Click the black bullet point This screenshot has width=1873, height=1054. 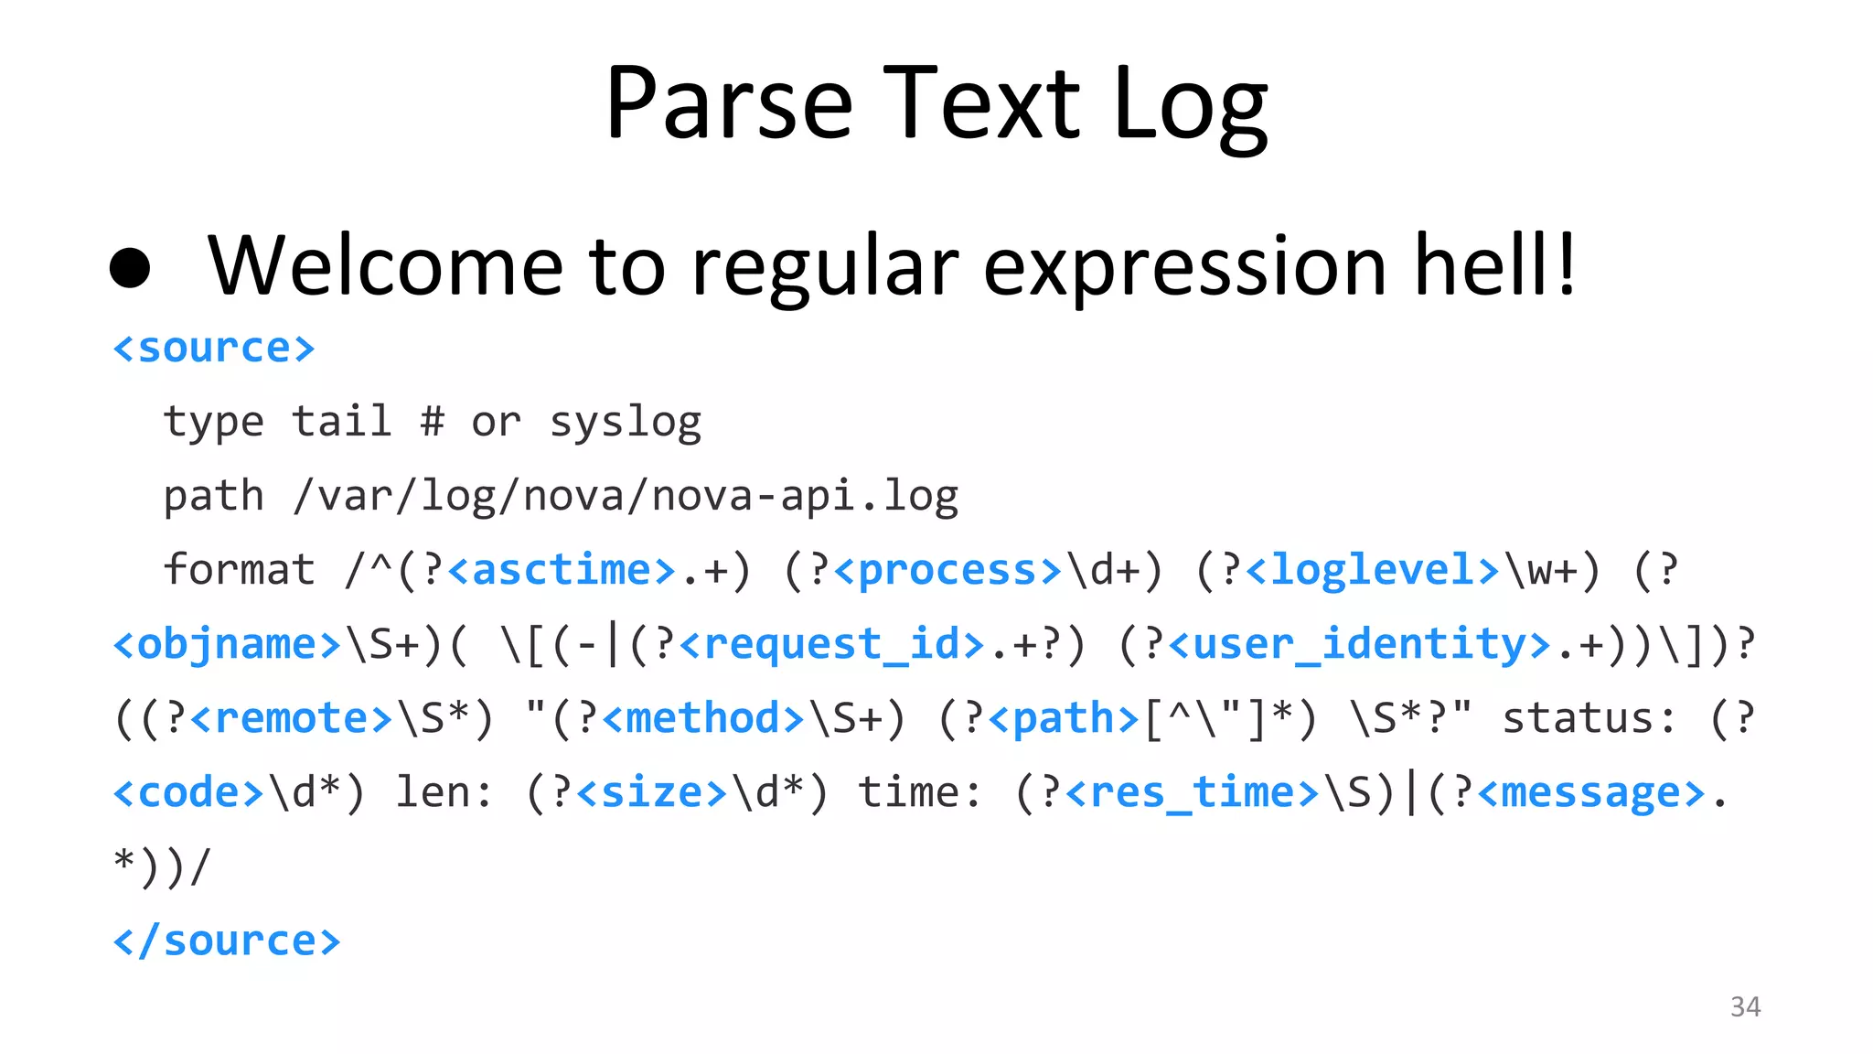130,267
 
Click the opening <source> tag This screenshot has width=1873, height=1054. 214,349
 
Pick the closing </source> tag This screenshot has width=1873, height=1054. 226,941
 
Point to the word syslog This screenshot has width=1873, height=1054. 626,423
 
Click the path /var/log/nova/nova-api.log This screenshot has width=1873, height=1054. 626,497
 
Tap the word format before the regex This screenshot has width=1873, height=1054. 239,570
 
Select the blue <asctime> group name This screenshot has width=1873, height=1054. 562,570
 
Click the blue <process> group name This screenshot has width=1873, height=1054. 947,570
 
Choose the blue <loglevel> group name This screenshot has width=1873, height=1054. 1372,570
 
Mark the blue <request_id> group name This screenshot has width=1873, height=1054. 831,644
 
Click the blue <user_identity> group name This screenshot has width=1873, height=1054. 1359,644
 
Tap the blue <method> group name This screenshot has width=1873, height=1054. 703,718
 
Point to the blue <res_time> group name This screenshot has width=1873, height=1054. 1193,792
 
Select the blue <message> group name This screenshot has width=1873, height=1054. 1591,792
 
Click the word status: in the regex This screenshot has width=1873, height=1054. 1589,718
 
